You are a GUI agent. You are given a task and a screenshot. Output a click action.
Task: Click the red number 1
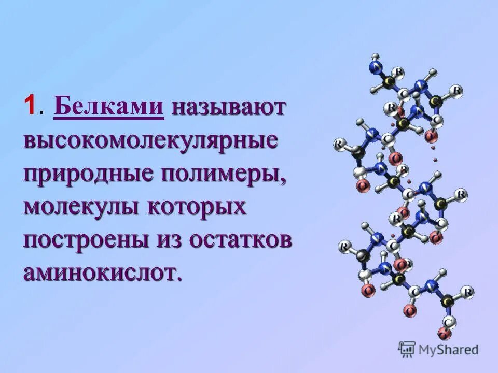tap(29, 107)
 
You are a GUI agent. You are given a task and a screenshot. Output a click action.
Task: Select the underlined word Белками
tap(108, 106)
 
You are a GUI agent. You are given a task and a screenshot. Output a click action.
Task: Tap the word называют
tap(229, 107)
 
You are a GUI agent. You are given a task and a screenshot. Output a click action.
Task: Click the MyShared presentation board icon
tap(407, 350)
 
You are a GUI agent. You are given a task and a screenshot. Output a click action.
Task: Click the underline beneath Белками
tap(108, 119)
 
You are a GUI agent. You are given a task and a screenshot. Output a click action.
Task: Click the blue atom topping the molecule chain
tap(375, 66)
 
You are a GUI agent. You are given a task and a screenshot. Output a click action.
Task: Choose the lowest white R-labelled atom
tap(468, 292)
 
